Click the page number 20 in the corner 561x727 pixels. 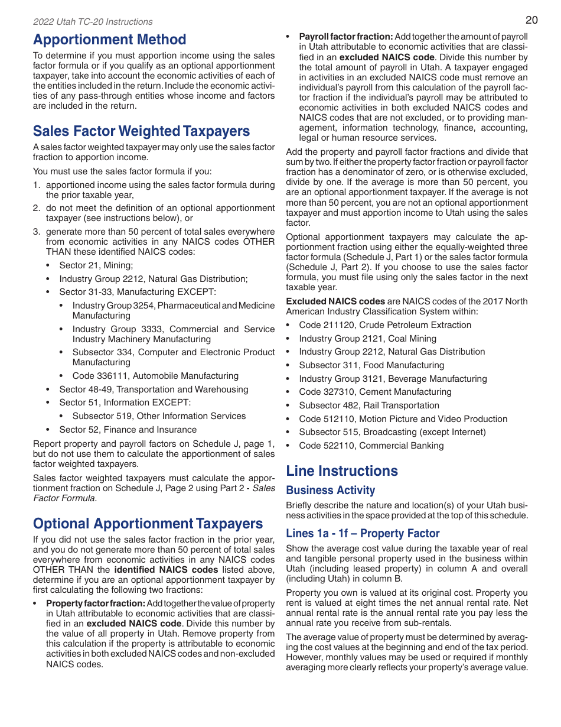coord(531,20)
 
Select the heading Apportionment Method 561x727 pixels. coord(109,40)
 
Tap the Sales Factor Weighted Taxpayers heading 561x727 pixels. coord(141,131)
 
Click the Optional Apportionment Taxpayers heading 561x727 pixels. coord(148,524)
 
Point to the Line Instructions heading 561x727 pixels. coord(342,470)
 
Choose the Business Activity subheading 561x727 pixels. coord(330,490)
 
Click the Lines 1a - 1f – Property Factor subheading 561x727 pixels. coord(363,533)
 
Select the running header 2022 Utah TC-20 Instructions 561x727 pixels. coord(93,22)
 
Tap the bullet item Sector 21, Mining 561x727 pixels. coord(96,265)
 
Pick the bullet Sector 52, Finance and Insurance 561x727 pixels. coord(128,430)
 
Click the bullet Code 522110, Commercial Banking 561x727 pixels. coord(371,446)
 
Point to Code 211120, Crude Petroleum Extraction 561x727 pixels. coord(384,325)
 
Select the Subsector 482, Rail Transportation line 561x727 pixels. coord(368,405)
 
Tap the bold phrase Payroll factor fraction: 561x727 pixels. coord(345,37)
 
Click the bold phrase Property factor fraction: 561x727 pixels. coord(96,603)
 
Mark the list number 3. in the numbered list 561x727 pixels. coord(37,232)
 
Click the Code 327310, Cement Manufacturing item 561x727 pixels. coord(375,392)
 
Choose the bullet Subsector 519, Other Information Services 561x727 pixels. coord(159,416)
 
